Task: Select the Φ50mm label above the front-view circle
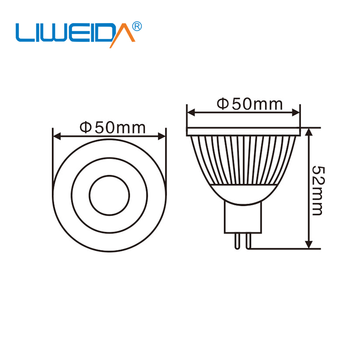[112, 127]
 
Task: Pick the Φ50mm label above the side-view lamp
[249, 104]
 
